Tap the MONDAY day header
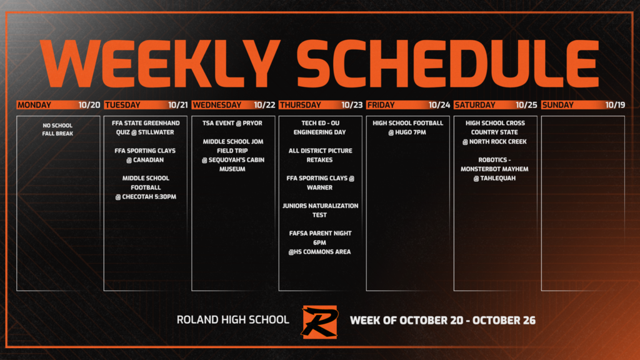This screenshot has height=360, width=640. coord(35,105)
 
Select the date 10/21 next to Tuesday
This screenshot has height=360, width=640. coord(177,105)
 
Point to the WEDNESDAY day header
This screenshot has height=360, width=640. coord(217,105)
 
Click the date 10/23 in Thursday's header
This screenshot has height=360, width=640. coord(352,105)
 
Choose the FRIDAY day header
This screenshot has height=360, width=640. coord(381,105)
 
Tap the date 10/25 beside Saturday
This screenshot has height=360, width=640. coord(526,105)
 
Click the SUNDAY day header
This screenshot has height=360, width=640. coord(558,105)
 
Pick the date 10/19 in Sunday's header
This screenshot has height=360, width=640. coord(615,105)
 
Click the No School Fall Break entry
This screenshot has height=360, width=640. coord(57,129)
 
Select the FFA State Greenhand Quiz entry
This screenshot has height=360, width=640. coord(146,127)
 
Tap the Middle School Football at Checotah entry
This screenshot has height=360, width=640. coord(146,187)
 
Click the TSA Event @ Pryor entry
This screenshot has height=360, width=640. coord(232,123)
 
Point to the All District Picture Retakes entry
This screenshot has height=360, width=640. coord(320,155)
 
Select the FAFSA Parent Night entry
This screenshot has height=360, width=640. coord(320,242)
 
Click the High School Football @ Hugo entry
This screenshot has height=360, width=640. coord(407,127)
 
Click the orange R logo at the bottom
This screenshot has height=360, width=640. coord(319,321)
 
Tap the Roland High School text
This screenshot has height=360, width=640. coord(233,320)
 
